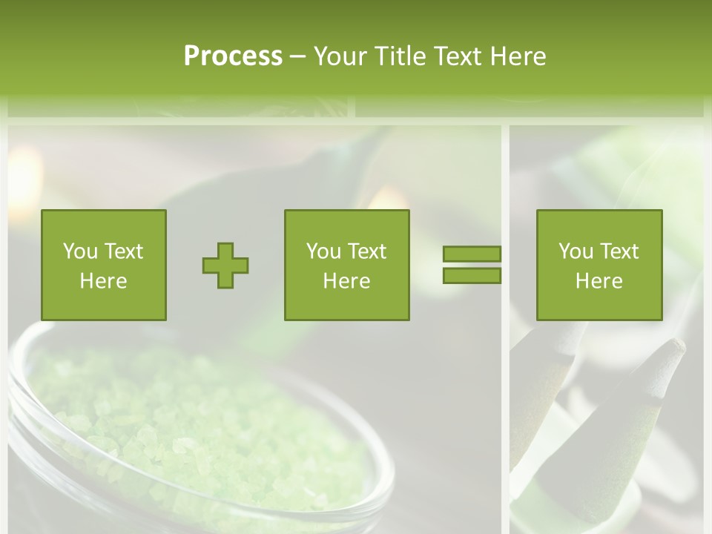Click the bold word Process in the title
click(233, 56)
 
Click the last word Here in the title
click(516, 56)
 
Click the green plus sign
click(225, 265)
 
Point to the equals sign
click(472, 265)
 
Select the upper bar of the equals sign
click(472, 254)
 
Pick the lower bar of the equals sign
click(472, 275)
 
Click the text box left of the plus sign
click(104, 265)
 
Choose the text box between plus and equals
click(347, 265)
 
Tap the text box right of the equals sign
click(599, 265)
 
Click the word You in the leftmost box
click(79, 251)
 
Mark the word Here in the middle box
click(347, 281)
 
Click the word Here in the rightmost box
click(599, 281)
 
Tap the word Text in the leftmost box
click(123, 251)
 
